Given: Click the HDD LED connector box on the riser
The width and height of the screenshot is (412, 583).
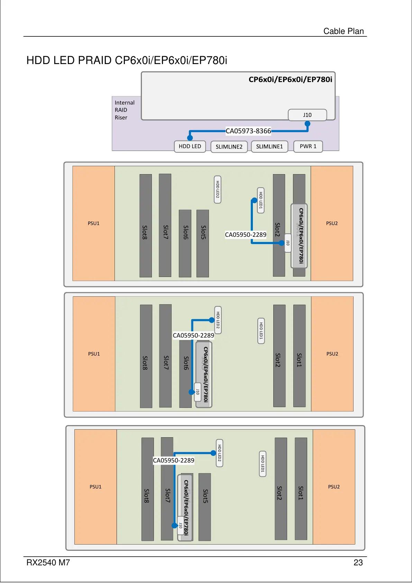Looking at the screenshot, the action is (x=190, y=146).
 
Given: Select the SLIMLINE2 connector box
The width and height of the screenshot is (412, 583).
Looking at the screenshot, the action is (x=229, y=147).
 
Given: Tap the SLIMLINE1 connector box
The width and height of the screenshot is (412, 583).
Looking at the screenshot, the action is (x=269, y=147).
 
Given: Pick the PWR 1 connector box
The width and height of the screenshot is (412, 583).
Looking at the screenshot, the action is (x=308, y=146).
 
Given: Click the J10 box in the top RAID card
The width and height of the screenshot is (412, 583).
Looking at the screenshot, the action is (x=307, y=115).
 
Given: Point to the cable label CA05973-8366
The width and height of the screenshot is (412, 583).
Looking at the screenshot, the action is (x=248, y=131).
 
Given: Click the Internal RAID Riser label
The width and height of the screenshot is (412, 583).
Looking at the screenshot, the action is (x=124, y=110).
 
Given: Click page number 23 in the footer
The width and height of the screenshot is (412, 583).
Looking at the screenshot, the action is (x=358, y=563).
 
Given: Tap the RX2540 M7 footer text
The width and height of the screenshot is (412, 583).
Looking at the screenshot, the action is (x=48, y=563).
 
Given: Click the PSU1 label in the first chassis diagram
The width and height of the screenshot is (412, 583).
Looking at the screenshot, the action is (x=93, y=223).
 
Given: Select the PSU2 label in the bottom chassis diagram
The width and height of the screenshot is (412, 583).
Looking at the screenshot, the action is (x=334, y=487).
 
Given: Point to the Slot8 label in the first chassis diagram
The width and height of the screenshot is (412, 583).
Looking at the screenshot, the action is (x=145, y=232).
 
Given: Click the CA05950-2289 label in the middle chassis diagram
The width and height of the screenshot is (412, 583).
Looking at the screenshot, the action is (x=193, y=335).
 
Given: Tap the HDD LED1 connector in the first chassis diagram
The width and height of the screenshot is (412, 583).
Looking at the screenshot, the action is (x=261, y=200).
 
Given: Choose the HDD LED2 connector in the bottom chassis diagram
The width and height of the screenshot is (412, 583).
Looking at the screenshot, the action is (x=219, y=453).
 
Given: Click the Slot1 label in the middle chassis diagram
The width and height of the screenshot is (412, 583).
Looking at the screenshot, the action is (x=299, y=360).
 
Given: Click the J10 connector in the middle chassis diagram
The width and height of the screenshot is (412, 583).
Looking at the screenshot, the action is (x=198, y=392).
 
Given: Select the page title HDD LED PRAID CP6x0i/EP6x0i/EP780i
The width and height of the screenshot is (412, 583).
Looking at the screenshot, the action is (x=127, y=61).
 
